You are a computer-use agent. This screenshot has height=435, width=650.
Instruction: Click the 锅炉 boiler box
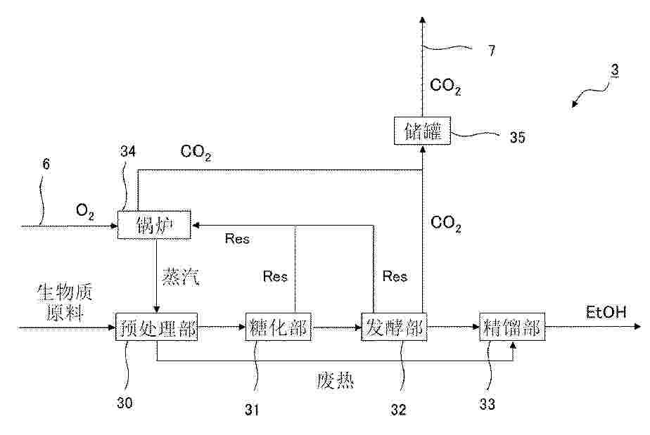(154, 225)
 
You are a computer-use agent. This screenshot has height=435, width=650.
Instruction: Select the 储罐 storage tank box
(422, 131)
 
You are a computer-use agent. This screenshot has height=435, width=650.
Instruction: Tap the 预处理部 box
(157, 327)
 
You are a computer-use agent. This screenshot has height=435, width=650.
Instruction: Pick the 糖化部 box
(278, 327)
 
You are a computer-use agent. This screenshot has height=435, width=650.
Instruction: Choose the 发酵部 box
(394, 327)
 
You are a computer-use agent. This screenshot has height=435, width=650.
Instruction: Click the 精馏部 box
(512, 327)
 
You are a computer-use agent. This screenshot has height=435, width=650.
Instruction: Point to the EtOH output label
(606, 312)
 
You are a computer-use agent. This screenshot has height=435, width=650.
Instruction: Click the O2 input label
(85, 212)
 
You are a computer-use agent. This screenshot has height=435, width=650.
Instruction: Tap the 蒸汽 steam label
(181, 276)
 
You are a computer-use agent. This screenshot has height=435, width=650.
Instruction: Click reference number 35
(517, 137)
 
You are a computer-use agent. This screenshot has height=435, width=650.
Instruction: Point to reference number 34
(128, 151)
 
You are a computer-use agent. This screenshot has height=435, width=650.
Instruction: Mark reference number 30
(125, 403)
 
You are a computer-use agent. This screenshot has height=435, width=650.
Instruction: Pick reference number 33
(487, 404)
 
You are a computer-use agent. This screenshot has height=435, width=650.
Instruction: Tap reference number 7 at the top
(492, 51)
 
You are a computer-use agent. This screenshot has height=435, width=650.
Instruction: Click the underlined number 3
(615, 70)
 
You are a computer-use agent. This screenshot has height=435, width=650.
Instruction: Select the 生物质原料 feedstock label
(65, 302)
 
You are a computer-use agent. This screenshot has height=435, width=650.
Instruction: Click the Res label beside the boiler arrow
(237, 239)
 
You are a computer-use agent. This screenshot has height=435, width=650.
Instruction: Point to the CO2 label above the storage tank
(445, 86)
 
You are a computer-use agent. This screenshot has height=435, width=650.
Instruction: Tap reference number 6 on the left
(46, 164)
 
